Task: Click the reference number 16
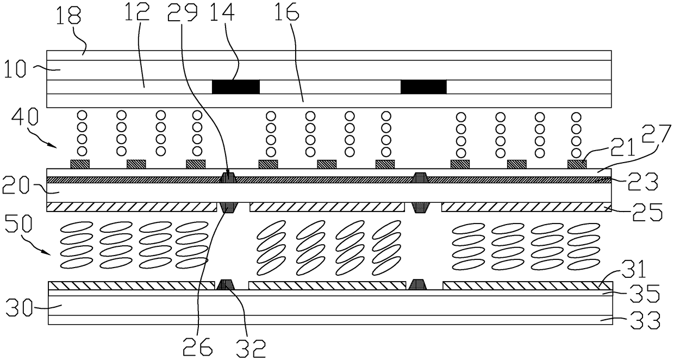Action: click(x=288, y=16)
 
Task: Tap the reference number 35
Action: click(x=646, y=294)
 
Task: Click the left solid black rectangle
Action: click(x=235, y=86)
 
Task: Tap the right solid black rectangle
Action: click(x=423, y=86)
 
